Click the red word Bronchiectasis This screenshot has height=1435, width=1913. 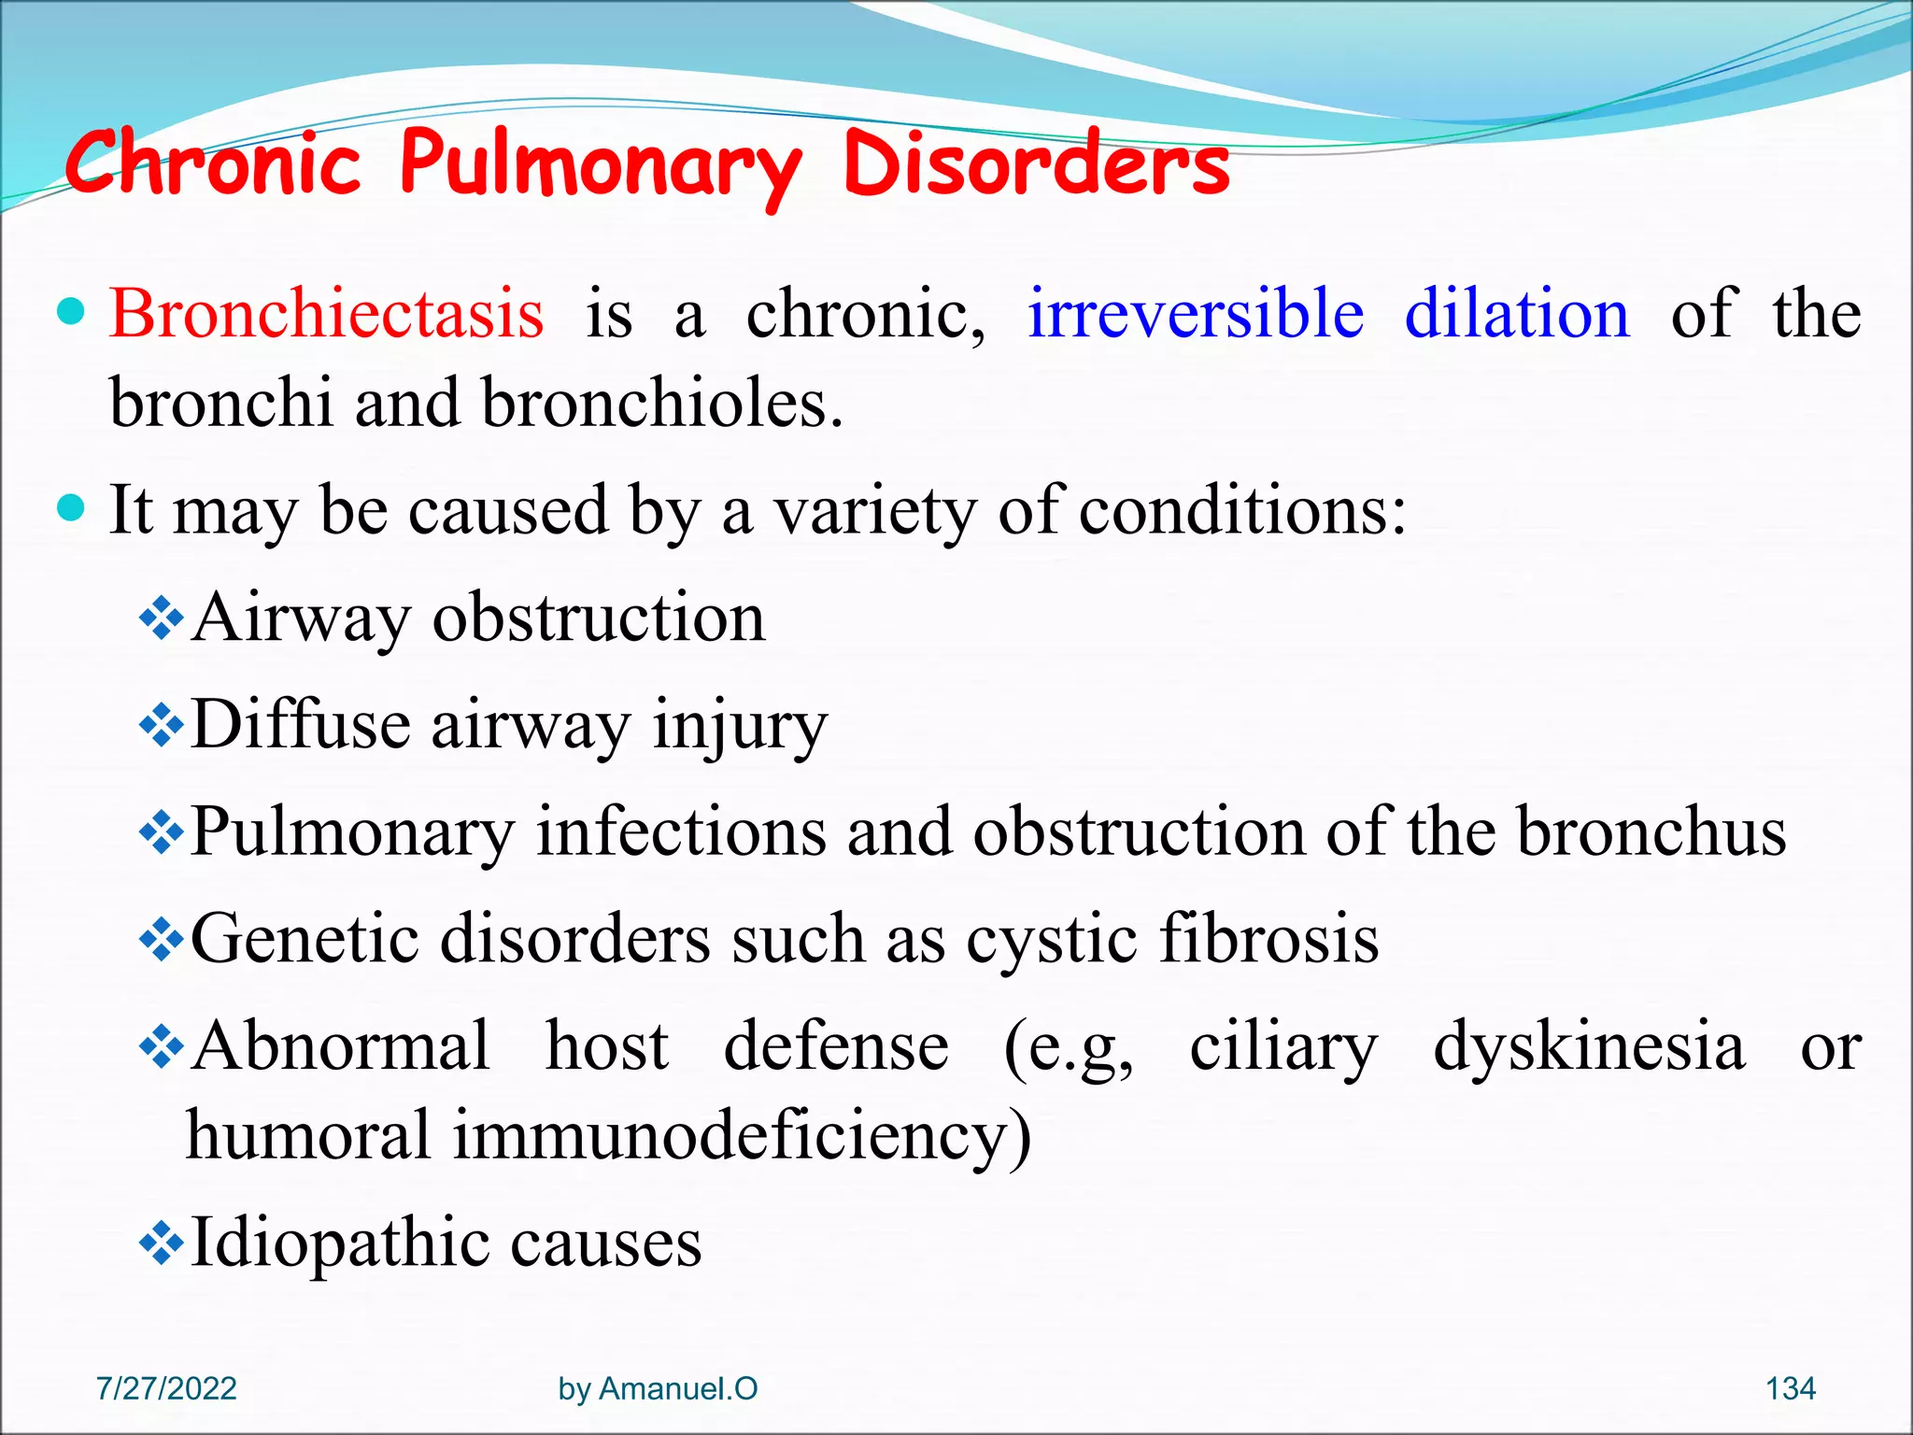coord(326,314)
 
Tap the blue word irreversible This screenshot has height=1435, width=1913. coord(1195,314)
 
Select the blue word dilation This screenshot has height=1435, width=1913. coord(1517,314)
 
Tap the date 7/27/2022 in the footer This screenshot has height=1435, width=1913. coord(166,1388)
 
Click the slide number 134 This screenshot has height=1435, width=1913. coord(1790,1388)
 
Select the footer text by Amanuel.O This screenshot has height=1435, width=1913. coord(658,1388)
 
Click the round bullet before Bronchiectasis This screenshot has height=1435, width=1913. coord(72,310)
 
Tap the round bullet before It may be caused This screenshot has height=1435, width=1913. coord(72,508)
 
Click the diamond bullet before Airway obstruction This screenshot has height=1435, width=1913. coord(161,618)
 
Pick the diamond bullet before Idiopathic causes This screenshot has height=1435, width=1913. coord(161,1243)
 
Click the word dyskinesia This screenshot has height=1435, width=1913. coord(1588,1046)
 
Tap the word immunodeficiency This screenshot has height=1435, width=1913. coord(742,1136)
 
